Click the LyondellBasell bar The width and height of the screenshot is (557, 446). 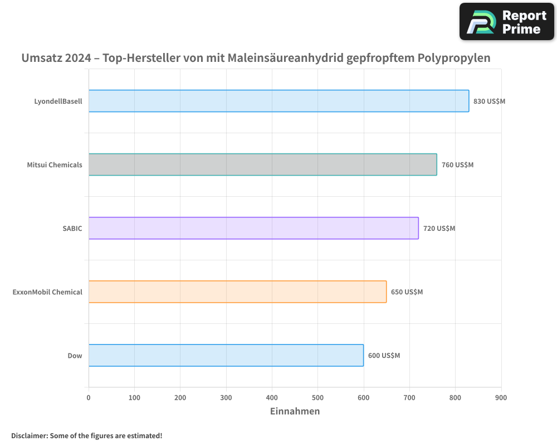point(278,101)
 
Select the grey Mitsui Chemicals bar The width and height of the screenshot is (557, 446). point(262,164)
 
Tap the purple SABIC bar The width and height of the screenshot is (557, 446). point(253,228)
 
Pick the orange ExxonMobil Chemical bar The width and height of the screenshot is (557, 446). point(237,292)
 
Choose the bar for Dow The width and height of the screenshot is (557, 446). point(226,355)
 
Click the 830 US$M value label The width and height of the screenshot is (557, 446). point(489,101)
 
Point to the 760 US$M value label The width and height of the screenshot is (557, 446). point(457,165)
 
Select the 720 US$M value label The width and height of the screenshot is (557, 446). point(439,229)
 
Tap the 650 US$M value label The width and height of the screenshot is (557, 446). point(407,292)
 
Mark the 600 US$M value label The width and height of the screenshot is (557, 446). point(384,356)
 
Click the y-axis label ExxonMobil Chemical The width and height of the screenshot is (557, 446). point(47,292)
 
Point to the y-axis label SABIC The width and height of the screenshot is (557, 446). point(72,229)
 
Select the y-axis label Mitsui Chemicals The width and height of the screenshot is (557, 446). point(55,165)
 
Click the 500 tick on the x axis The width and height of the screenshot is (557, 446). point(317,397)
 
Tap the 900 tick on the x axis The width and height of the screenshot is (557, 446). point(501,397)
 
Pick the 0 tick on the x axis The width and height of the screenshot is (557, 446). point(89,397)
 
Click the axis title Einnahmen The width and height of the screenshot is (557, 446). point(295,411)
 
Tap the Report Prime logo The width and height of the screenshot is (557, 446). point(506,22)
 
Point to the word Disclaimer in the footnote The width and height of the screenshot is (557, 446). point(28,435)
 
